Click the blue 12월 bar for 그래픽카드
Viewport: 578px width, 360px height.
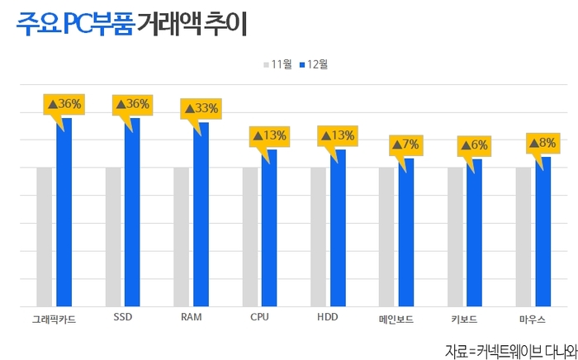[64, 213]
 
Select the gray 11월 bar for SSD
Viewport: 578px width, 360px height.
[113, 237]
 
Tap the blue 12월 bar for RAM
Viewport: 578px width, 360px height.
[201, 215]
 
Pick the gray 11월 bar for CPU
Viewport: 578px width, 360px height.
[249, 237]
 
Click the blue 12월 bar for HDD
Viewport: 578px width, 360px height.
[338, 229]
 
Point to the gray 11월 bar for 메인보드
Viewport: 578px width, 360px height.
[386, 237]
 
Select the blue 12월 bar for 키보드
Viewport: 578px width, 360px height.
[474, 233]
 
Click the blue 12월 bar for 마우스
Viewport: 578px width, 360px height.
[542, 232]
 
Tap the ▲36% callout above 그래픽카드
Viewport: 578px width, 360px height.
[64, 104]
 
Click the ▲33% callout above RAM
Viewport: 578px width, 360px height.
[201, 108]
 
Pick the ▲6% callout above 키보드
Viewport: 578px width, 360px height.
[474, 145]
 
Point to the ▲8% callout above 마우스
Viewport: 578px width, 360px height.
[542, 144]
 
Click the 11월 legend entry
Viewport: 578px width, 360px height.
[278, 64]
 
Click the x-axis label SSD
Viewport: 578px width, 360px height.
[123, 318]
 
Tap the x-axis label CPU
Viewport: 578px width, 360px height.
[259, 318]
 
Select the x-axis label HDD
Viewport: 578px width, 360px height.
[328, 318]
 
